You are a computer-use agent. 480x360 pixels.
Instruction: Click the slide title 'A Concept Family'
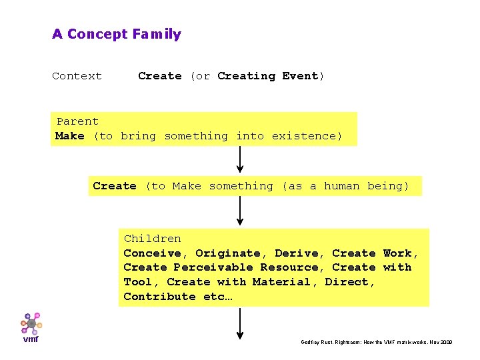pos(117,34)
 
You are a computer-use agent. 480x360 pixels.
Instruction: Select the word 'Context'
pos(77,76)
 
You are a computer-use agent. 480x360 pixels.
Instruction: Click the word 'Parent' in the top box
pos(77,121)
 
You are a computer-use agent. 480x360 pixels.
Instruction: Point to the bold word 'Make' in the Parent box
pos(70,136)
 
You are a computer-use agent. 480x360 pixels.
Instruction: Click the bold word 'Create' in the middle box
pos(115,186)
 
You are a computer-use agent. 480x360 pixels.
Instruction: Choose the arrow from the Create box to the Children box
pos(240,211)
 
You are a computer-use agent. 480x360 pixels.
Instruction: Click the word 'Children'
pos(152,239)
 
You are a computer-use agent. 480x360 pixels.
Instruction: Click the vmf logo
pos(31,327)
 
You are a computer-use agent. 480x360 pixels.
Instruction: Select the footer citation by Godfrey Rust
pos(377,342)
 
